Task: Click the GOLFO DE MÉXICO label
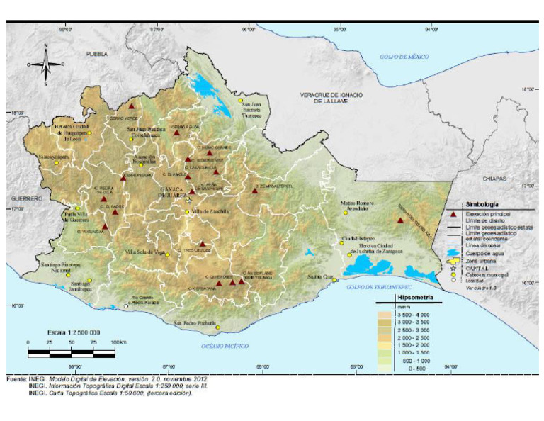tap(404, 57)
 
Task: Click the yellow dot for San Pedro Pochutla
tap(218, 327)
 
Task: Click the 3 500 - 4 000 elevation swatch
tap(385, 313)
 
